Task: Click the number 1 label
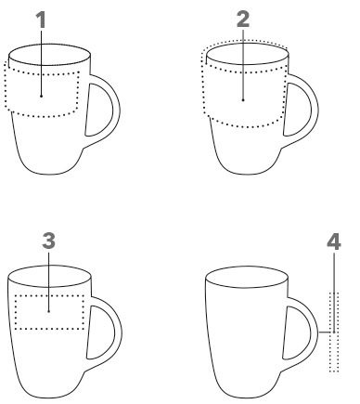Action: point(41,20)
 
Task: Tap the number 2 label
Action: point(243,20)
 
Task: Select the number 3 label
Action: point(49,241)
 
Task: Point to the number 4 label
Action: point(334,241)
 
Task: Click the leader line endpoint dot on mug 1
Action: point(41,96)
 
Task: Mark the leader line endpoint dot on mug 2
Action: point(243,100)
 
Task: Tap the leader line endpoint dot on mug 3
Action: point(49,311)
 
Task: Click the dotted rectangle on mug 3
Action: point(49,295)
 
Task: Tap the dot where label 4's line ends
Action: point(334,332)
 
